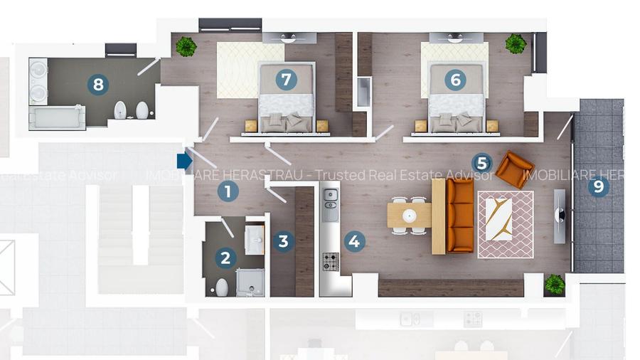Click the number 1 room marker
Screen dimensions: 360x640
tap(228, 191)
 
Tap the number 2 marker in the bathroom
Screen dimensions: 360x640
tap(225, 258)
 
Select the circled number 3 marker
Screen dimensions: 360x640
tap(283, 241)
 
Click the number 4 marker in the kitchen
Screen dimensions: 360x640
tap(354, 241)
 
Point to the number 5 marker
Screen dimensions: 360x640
tap(482, 163)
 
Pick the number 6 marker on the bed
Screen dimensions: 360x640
tap(455, 80)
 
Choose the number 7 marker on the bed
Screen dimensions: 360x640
tap(286, 80)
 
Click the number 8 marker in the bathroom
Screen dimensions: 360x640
tap(98, 85)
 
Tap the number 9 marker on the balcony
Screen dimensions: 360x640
tap(598, 187)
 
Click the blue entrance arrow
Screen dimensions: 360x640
tap(184, 161)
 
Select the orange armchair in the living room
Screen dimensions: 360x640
tap(514, 169)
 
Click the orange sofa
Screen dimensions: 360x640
tap(459, 215)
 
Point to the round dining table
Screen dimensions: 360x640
tap(409, 215)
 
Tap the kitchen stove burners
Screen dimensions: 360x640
tap(331, 262)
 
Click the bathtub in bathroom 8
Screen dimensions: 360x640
tap(57, 117)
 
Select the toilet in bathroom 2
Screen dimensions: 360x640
tap(222, 287)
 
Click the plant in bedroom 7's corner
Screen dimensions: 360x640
tap(186, 47)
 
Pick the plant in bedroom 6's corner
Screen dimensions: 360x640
tap(516, 44)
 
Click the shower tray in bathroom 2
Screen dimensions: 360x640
tap(250, 282)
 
